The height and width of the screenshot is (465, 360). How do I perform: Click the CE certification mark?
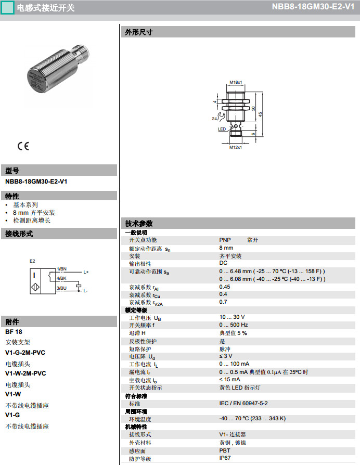tap(23, 146)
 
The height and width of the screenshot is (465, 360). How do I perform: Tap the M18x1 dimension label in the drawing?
tap(236, 82)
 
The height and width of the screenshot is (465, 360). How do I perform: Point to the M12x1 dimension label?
tap(236, 147)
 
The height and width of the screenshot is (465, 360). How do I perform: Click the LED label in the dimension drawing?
tap(221, 129)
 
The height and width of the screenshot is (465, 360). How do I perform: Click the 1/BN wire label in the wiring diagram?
tap(61, 268)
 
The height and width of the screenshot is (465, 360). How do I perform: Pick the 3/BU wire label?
tap(61, 288)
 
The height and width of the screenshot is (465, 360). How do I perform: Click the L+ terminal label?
tap(86, 272)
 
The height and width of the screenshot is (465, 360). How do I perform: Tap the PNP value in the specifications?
tap(225, 240)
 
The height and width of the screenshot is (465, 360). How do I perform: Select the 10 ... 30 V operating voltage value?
tap(232, 317)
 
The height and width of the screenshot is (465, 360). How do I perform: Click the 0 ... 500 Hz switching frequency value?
tap(234, 325)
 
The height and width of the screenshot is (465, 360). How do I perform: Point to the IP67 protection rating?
tap(225, 458)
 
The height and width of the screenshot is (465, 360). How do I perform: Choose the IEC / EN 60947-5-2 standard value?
tap(243, 404)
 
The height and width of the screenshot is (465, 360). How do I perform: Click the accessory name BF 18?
tap(14, 331)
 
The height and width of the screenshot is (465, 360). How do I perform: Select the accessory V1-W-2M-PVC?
tap(25, 373)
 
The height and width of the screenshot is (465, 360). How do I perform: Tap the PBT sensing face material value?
tap(225, 450)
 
